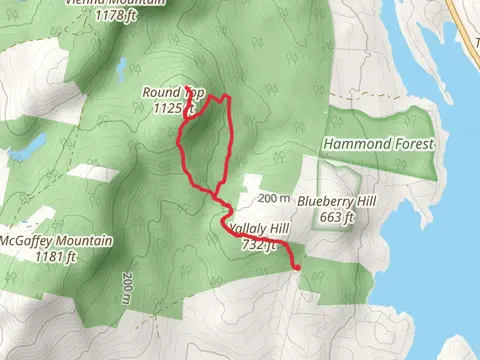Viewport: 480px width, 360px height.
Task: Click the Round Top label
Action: tap(174, 93)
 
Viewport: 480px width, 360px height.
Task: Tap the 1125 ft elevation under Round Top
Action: tap(176, 108)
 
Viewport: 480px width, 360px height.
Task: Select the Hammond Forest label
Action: tap(378, 144)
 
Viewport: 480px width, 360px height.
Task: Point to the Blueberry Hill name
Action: tap(335, 202)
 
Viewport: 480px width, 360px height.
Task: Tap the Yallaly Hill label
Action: tap(258, 229)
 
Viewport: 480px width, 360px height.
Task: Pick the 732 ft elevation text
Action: tap(257, 244)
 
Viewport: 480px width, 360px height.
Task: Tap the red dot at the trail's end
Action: tap(297, 266)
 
